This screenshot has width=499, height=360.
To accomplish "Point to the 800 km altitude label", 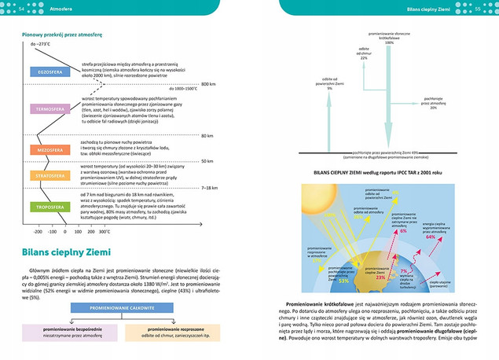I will point(207,83).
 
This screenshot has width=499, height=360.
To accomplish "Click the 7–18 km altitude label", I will point(211,188).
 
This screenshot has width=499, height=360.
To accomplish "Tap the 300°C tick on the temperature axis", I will point(105,233).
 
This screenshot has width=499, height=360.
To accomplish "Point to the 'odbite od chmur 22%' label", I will point(364,56).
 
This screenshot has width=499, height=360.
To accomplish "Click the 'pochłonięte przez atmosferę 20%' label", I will point(434,103).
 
